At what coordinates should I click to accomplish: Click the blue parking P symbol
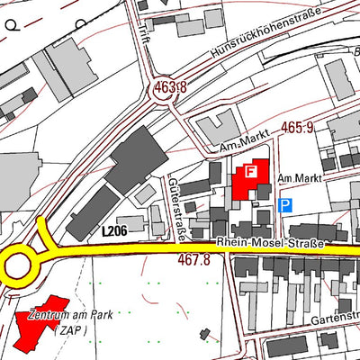285,206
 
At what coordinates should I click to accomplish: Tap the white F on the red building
251,170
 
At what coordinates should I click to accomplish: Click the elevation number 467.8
193,259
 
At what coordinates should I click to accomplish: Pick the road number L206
114,231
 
